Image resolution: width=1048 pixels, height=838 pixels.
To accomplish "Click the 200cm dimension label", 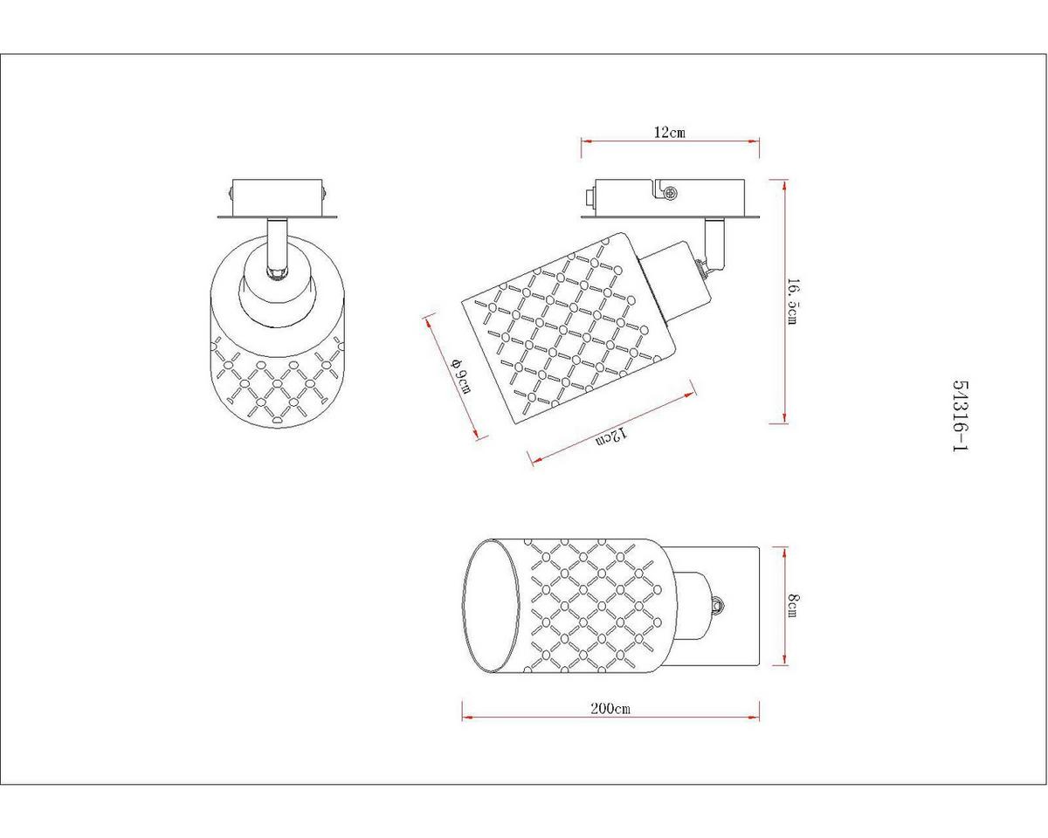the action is (x=610, y=708).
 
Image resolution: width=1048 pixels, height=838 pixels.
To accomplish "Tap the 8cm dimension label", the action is (x=793, y=606).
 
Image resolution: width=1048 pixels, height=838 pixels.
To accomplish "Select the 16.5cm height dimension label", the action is (x=793, y=302).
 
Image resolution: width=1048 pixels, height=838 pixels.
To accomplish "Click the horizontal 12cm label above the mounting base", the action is (x=669, y=133).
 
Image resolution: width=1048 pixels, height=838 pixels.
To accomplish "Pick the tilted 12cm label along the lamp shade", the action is (x=610, y=436).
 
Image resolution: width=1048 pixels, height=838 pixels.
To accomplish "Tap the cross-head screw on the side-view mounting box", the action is (x=671, y=193).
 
